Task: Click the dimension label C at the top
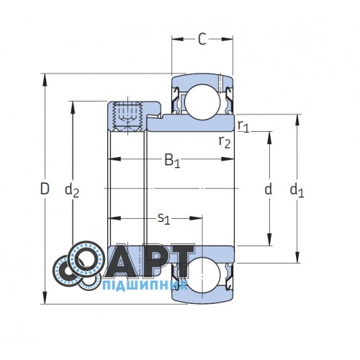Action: pos(202,40)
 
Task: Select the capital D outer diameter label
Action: pos(45,189)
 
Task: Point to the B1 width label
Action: pos(172,161)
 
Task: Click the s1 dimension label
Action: pos(163,217)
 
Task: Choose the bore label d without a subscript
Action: pos(269,189)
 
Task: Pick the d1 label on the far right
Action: pos(297,190)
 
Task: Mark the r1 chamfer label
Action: pos(243,127)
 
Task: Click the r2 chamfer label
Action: pos(225,141)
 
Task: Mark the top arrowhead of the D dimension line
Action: pos(45,76)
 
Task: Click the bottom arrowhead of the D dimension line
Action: pos(45,302)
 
